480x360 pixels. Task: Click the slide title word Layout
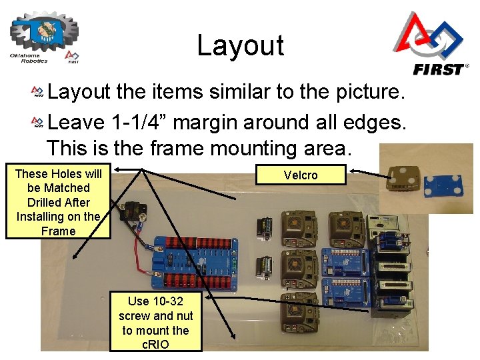coord(240,45)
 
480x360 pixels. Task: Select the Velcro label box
coord(301,175)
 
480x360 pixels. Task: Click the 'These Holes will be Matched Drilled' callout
coord(58,202)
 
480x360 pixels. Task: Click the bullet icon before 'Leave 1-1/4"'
coord(39,123)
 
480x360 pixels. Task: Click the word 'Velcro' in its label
coord(301,175)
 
